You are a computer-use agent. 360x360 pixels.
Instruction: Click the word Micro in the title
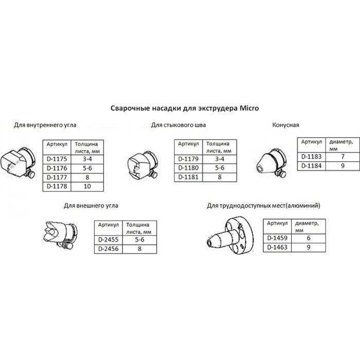point(249,108)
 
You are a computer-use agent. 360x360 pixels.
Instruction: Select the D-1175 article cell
point(57,159)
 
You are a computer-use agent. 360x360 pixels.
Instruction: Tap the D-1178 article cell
point(57,186)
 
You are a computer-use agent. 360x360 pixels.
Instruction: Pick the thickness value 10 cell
point(87,186)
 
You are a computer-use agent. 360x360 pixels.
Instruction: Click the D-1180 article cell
point(188,168)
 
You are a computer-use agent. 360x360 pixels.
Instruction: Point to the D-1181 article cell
point(188,177)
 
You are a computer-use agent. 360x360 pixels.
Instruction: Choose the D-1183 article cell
point(312,157)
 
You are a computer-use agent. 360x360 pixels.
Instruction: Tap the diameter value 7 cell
point(343,157)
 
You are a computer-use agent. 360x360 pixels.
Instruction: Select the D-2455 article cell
point(109,240)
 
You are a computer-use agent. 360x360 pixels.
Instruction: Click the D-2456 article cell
point(109,249)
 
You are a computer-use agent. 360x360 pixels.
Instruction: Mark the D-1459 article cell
point(277,238)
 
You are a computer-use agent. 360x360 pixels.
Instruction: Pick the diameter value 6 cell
point(309,238)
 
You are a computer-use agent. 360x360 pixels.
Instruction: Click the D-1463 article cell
point(277,247)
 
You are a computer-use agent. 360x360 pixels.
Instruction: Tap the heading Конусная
point(285,125)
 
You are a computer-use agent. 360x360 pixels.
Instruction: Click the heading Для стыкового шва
point(178,125)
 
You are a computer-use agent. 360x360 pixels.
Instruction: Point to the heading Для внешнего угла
point(91,206)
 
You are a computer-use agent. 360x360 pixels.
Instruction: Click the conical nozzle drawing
point(271,164)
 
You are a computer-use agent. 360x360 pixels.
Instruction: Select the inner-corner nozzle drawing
point(18,164)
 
